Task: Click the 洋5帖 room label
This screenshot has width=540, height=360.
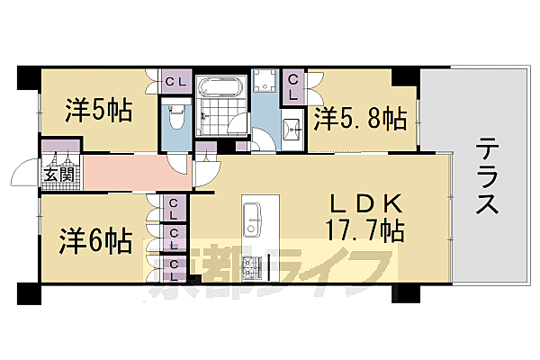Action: tap(98, 111)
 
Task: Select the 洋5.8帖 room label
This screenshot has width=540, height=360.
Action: tap(359, 117)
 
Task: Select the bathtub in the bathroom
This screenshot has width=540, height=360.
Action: tap(220, 88)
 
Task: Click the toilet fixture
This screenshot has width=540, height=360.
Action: tap(177, 119)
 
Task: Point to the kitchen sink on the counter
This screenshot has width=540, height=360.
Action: tap(251, 217)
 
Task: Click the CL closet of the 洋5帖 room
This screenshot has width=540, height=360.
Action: tap(175, 83)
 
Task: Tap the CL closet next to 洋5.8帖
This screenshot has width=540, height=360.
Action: tap(293, 87)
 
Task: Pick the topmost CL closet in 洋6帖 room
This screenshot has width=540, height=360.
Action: tap(173, 209)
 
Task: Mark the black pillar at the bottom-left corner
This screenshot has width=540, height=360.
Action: tap(28, 294)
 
